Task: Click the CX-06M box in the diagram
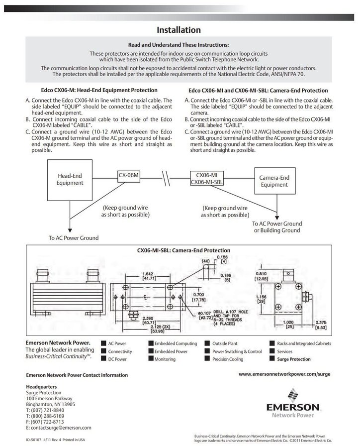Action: coord(128,175)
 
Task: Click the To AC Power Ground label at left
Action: coord(74,238)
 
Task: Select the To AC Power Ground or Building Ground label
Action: coord(277,227)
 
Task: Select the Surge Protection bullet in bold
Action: coord(293,359)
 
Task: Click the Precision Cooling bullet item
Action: coord(228,359)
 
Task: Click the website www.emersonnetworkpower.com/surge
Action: coord(284,373)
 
